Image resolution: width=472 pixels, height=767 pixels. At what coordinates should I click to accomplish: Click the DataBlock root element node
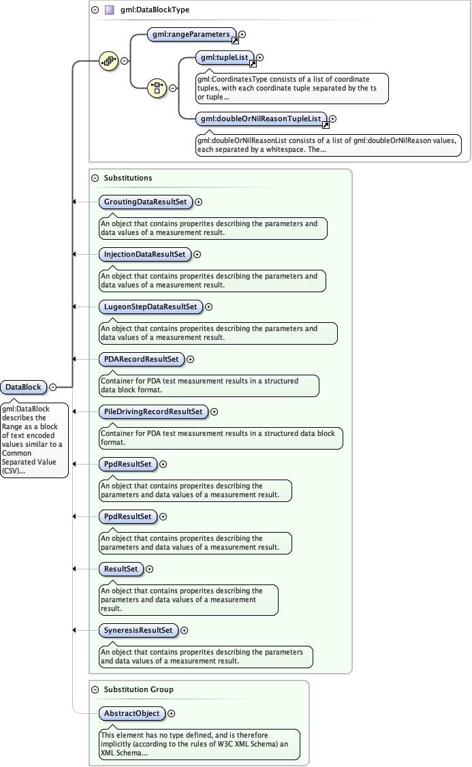22,387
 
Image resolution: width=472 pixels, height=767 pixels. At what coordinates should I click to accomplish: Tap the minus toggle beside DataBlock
52,387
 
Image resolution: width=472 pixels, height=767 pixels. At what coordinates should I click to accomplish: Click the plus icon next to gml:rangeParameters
242,33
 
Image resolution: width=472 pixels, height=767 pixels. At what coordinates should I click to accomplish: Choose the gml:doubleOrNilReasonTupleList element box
261,119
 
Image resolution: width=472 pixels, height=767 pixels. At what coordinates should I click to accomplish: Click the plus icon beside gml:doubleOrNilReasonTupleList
332,119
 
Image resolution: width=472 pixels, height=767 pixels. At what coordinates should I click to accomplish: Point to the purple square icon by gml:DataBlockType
109,10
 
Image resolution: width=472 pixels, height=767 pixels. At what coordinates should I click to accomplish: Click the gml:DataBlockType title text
155,10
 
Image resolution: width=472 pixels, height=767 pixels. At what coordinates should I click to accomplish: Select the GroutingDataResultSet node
145,202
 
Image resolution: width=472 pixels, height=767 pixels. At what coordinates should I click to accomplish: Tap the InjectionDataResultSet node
144,254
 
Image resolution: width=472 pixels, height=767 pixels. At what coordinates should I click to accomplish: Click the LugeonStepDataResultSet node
150,307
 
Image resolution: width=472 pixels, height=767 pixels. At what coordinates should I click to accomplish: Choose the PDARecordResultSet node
141,359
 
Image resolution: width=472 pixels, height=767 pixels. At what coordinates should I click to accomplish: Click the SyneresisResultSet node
138,630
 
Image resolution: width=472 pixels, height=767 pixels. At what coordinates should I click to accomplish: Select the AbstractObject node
131,713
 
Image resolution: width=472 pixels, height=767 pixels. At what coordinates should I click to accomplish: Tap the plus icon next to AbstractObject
171,713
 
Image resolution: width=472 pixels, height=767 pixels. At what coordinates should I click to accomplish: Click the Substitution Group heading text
139,689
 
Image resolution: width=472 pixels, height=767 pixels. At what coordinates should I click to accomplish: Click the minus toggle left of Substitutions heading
95,178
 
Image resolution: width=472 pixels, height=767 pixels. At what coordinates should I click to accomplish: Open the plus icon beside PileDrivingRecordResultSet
214,411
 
